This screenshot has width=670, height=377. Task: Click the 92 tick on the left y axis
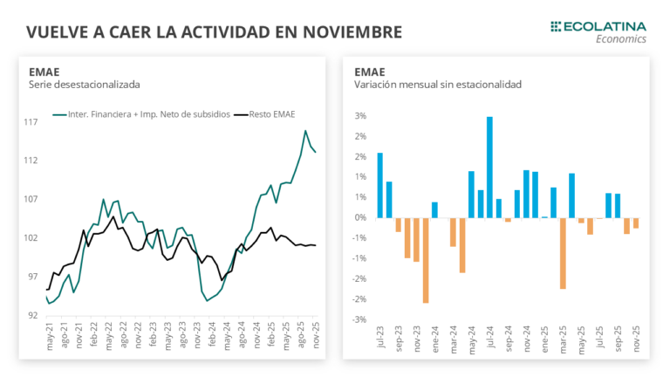tap(32, 315)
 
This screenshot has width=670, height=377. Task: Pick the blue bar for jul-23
tap(380, 185)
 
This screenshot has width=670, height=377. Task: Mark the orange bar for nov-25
tap(636, 223)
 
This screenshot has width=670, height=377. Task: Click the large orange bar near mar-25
tap(563, 253)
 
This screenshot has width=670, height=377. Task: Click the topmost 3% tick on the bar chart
tap(360, 116)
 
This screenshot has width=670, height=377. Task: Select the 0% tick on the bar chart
tap(360, 217)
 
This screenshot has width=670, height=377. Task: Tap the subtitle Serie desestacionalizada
tap(85, 85)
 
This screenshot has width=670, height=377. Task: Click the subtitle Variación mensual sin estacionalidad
tap(438, 85)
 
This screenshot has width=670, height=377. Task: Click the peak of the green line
tap(305, 131)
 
